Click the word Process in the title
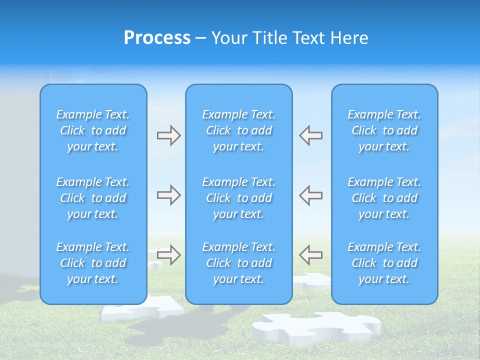click(157, 38)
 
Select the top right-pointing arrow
click(168, 135)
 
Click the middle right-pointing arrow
click(168, 195)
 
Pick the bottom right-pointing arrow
click(168, 255)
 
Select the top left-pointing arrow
click(310, 135)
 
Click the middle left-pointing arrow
click(310, 195)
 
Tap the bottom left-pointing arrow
click(310, 255)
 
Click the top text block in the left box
click(93, 130)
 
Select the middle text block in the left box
click(93, 198)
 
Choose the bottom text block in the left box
click(93, 263)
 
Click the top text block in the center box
click(238, 130)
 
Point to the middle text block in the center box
click(238, 198)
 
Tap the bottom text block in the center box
click(238, 263)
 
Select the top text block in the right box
click(384, 130)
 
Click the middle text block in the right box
click(384, 198)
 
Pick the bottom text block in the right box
click(384, 263)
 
